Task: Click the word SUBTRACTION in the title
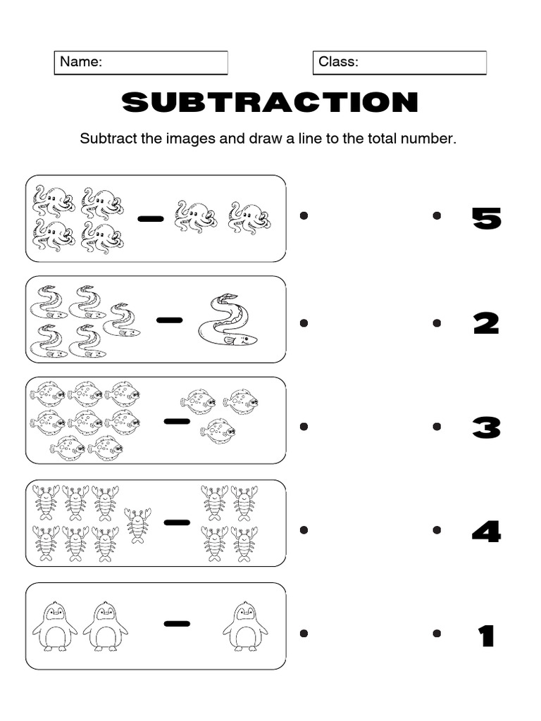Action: pyautogui.click(x=270, y=103)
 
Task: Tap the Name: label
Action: pyautogui.click(x=81, y=62)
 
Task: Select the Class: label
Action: pyautogui.click(x=338, y=62)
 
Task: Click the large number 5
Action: pyautogui.click(x=486, y=219)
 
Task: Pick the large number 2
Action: pyautogui.click(x=486, y=323)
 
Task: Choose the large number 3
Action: pyautogui.click(x=486, y=427)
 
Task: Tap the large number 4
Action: pyautogui.click(x=486, y=531)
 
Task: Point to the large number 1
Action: pyautogui.click(x=486, y=636)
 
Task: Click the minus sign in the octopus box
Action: pyautogui.click(x=150, y=218)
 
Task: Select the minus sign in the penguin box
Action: pyautogui.click(x=177, y=622)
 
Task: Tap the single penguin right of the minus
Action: pyautogui.click(x=244, y=626)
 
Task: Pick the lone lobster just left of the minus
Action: pyautogui.click(x=137, y=525)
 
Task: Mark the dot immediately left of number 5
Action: pyautogui.click(x=437, y=216)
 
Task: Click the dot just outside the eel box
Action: pyautogui.click(x=304, y=323)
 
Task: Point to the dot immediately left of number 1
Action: pyautogui.click(x=437, y=634)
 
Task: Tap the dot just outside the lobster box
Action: pyautogui.click(x=304, y=530)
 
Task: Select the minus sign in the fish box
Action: pyautogui.click(x=177, y=421)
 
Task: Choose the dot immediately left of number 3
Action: pyautogui.click(x=437, y=427)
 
